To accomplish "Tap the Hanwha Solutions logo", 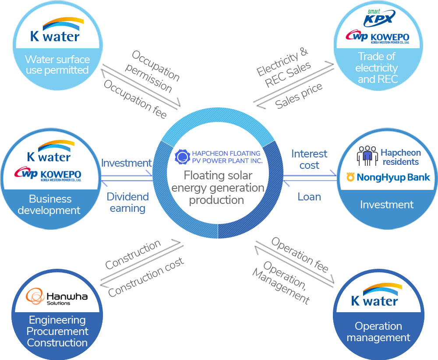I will pos(57,297).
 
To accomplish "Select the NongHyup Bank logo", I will pos(387,177).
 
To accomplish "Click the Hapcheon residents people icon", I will pos(367,157).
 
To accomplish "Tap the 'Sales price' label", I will pos(299,96).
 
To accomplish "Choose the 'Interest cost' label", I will pos(309,160).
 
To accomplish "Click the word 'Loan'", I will pos(309,197).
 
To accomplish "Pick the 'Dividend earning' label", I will pos(128,202).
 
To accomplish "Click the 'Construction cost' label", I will pos(146,277).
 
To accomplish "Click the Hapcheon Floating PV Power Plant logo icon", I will pos(181,157).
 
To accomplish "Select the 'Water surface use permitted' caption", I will pos(57,65).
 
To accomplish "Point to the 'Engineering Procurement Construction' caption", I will pos(57,331).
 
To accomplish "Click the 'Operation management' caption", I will pos(378,332).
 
